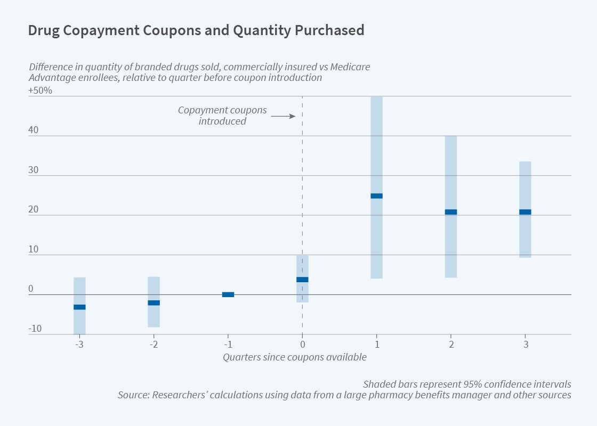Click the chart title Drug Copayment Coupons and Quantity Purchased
196,30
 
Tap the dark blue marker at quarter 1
376,196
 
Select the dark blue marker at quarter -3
79,307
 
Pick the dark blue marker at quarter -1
228,294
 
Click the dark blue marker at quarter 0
302,280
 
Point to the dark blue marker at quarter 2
451,212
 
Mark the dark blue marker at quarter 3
525,212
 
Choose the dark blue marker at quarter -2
154,303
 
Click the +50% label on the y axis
41,91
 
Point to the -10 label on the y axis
35,329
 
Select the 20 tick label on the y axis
34,210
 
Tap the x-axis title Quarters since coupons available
294,357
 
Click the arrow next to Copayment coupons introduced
283,116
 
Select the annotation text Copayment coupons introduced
222,116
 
